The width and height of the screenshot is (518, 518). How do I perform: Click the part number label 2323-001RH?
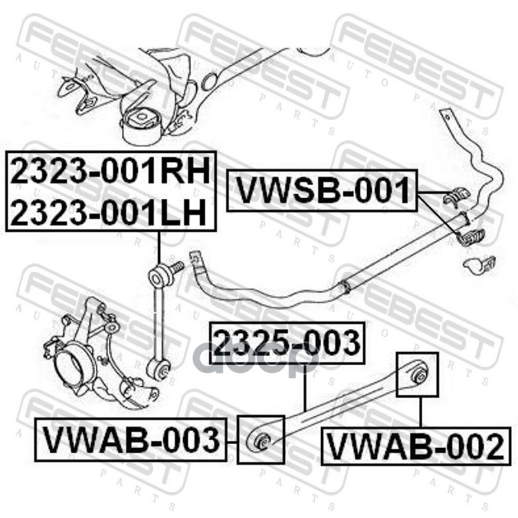coord(110,172)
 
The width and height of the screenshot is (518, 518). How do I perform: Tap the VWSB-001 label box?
coord(322,191)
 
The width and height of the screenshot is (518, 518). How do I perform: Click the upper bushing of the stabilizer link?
coord(159,278)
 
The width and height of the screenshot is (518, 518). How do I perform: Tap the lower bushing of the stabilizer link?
coord(159,370)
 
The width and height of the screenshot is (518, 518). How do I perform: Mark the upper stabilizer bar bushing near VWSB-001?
coord(458,196)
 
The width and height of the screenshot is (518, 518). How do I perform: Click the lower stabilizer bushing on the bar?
coord(470,237)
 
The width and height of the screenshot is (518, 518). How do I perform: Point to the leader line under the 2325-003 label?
coord(304,388)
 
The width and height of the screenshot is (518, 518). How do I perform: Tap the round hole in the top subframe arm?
coord(209,81)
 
